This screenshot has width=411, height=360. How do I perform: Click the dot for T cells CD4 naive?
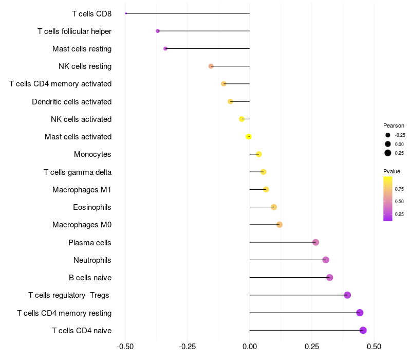click(x=363, y=330)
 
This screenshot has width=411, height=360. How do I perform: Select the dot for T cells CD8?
click(x=126, y=13)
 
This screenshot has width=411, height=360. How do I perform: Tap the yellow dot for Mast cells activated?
click(x=249, y=137)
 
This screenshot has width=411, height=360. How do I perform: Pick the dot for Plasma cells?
click(x=315, y=242)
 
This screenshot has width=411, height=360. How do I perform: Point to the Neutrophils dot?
click(x=326, y=260)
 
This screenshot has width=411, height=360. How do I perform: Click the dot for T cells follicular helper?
click(x=158, y=31)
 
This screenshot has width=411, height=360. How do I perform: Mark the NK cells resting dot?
click(x=211, y=66)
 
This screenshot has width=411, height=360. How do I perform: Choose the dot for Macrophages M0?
click(x=279, y=225)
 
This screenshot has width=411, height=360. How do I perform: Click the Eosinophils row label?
click(x=92, y=207)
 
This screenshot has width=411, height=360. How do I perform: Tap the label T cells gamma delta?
click(x=78, y=172)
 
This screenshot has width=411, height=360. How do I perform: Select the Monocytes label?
click(x=92, y=154)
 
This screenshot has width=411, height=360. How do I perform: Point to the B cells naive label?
click(x=90, y=278)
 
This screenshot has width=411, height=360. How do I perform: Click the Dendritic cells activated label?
click(x=71, y=101)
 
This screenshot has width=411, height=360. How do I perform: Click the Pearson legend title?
click(x=394, y=125)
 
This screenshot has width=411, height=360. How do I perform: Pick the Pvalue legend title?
click(x=391, y=171)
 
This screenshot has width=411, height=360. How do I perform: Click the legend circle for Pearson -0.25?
click(x=388, y=135)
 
